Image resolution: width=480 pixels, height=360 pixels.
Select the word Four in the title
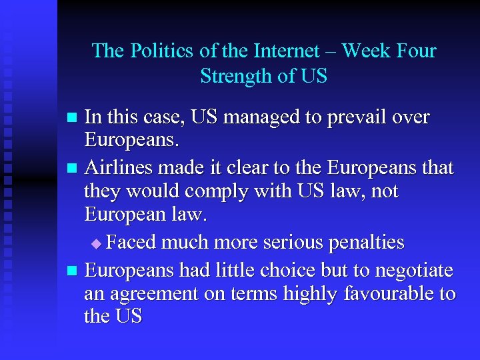point(414,51)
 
